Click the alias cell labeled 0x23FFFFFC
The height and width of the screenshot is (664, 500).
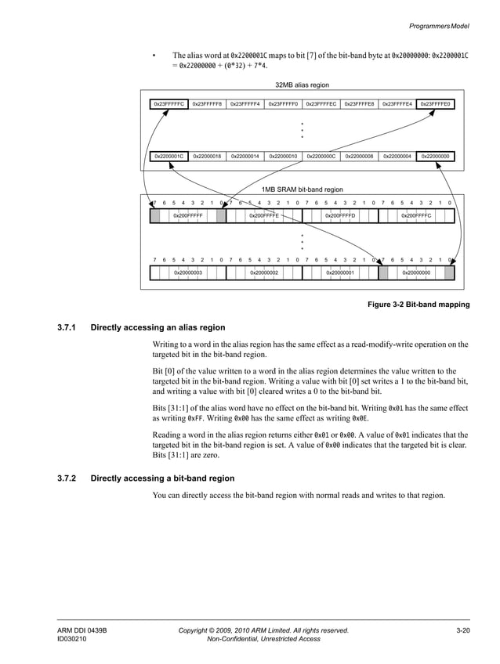click(168, 103)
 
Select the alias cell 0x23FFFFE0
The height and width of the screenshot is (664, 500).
click(435, 103)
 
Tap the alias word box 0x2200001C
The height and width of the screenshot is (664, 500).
click(168, 156)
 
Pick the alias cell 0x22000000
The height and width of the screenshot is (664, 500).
click(435, 156)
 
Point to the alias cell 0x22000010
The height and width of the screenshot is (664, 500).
click(283, 156)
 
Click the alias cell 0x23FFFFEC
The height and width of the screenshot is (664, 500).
click(321, 103)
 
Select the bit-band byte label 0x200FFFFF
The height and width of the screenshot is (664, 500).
click(188, 215)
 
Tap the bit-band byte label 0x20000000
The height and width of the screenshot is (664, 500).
click(416, 272)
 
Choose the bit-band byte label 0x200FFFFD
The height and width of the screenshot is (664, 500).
click(340, 215)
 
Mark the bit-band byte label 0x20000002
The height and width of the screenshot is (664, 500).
click(264, 272)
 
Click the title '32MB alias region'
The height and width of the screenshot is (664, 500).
click(302, 85)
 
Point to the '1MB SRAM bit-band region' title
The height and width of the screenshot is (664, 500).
click(302, 189)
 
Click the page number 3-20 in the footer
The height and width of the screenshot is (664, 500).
click(462, 630)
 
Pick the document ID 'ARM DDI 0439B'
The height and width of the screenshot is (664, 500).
click(82, 630)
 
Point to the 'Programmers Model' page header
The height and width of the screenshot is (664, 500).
click(439, 26)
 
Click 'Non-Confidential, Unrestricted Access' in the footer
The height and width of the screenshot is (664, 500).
click(263, 639)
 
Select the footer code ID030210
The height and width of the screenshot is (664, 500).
click(71, 639)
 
